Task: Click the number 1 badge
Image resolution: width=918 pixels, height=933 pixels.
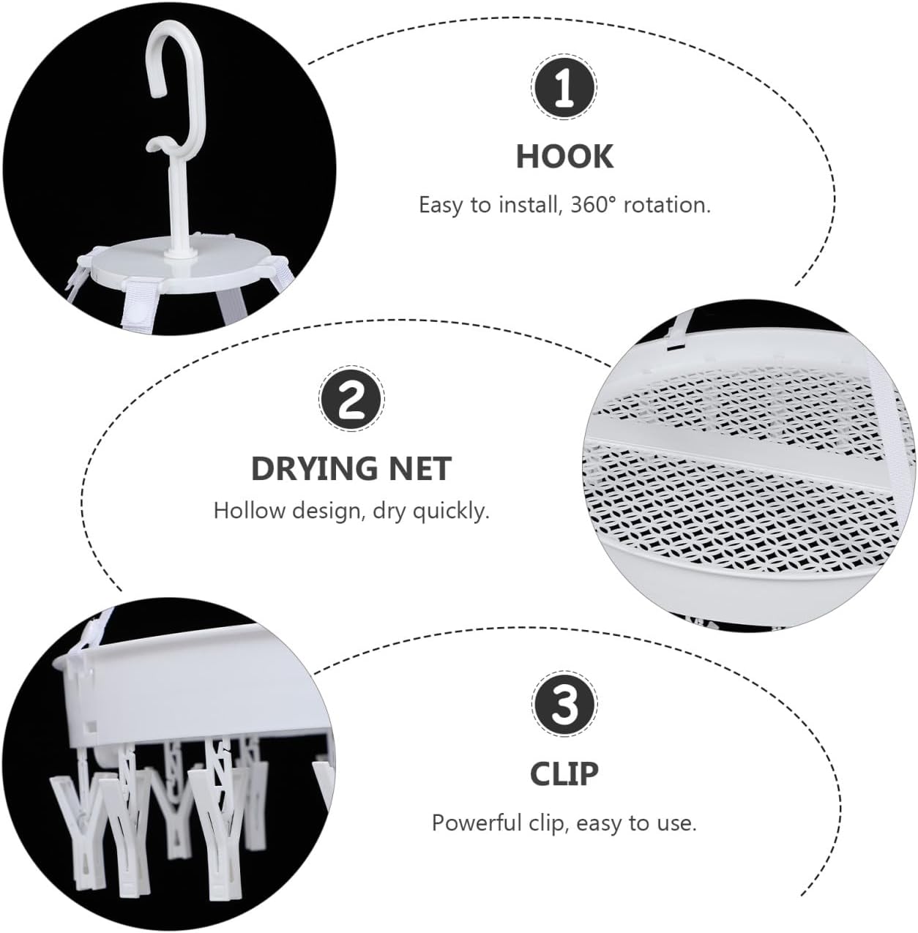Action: [x=563, y=88]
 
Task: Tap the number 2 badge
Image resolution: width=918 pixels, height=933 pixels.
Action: [x=351, y=400]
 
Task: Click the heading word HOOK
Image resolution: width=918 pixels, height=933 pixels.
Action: [x=564, y=157]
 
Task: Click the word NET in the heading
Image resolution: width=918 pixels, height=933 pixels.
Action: [x=419, y=469]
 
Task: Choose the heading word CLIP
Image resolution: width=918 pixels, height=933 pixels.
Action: [x=564, y=774]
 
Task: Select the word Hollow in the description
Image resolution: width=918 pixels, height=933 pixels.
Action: [x=250, y=511]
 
